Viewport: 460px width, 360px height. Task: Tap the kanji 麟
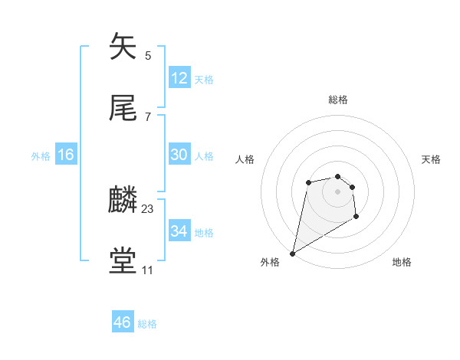[123, 200]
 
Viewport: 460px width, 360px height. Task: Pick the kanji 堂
[123, 260]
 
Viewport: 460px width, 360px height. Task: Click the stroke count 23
[148, 209]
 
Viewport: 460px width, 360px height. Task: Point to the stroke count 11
[147, 270]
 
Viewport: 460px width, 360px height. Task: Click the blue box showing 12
[179, 77]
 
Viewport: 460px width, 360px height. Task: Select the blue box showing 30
[179, 155]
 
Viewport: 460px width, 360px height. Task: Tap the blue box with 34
[179, 231]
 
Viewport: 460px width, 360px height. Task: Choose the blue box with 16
[66, 155]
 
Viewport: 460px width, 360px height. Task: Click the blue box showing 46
[123, 322]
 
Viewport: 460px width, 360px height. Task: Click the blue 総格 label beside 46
[147, 324]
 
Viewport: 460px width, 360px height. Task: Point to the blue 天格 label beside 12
[204, 79]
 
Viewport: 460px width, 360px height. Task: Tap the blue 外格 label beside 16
[41, 156]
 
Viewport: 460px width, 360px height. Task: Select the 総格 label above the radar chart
[338, 100]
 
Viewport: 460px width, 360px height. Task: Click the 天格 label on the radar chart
[432, 159]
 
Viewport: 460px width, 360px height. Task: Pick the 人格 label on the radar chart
[245, 159]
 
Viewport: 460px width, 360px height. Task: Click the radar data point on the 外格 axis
[292, 254]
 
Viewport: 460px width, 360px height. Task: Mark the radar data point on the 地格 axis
[356, 218]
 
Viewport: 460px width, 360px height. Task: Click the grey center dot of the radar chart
[338, 191]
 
